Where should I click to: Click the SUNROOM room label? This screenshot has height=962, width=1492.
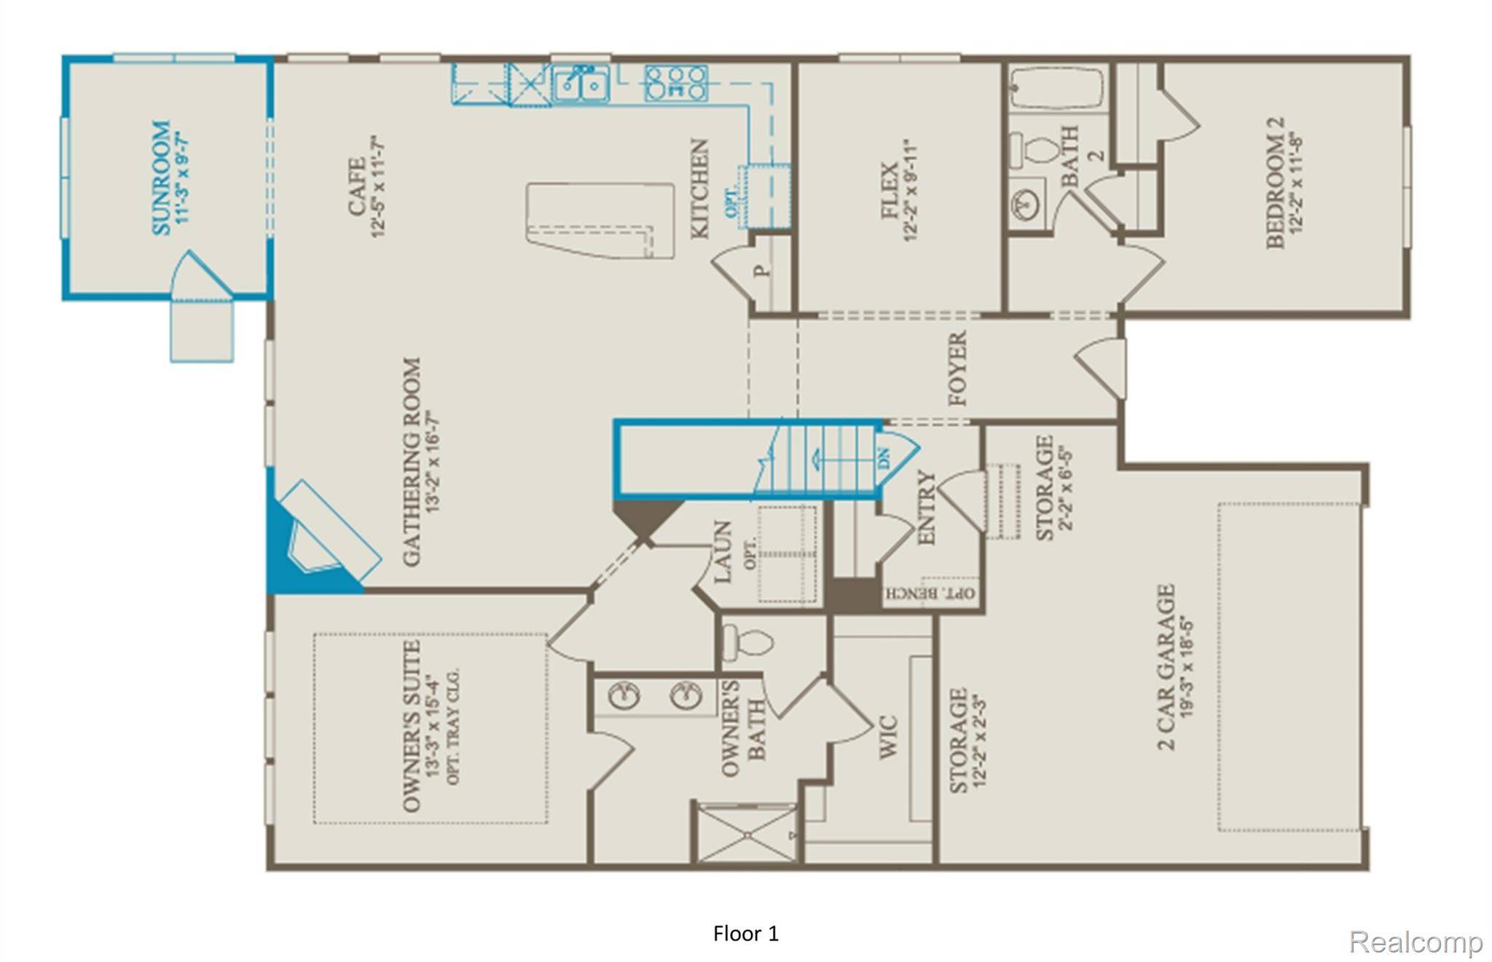coord(161,177)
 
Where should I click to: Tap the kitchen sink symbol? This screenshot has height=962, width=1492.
coord(580,84)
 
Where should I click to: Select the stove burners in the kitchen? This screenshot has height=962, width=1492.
coord(676,83)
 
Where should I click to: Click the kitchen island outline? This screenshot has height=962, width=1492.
coord(600,220)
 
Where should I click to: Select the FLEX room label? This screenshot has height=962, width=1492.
coord(890,191)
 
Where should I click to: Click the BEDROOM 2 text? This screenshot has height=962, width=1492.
coord(1276,184)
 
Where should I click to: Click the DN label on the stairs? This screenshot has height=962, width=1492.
coord(884,459)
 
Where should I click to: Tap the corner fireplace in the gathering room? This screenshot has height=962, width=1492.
coord(321,535)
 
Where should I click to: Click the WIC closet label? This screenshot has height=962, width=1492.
coord(888,737)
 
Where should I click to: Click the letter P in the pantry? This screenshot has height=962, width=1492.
coord(762,271)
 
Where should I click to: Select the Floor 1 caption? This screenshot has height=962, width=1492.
coord(745,934)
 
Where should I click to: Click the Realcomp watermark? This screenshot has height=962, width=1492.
coord(1415,942)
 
